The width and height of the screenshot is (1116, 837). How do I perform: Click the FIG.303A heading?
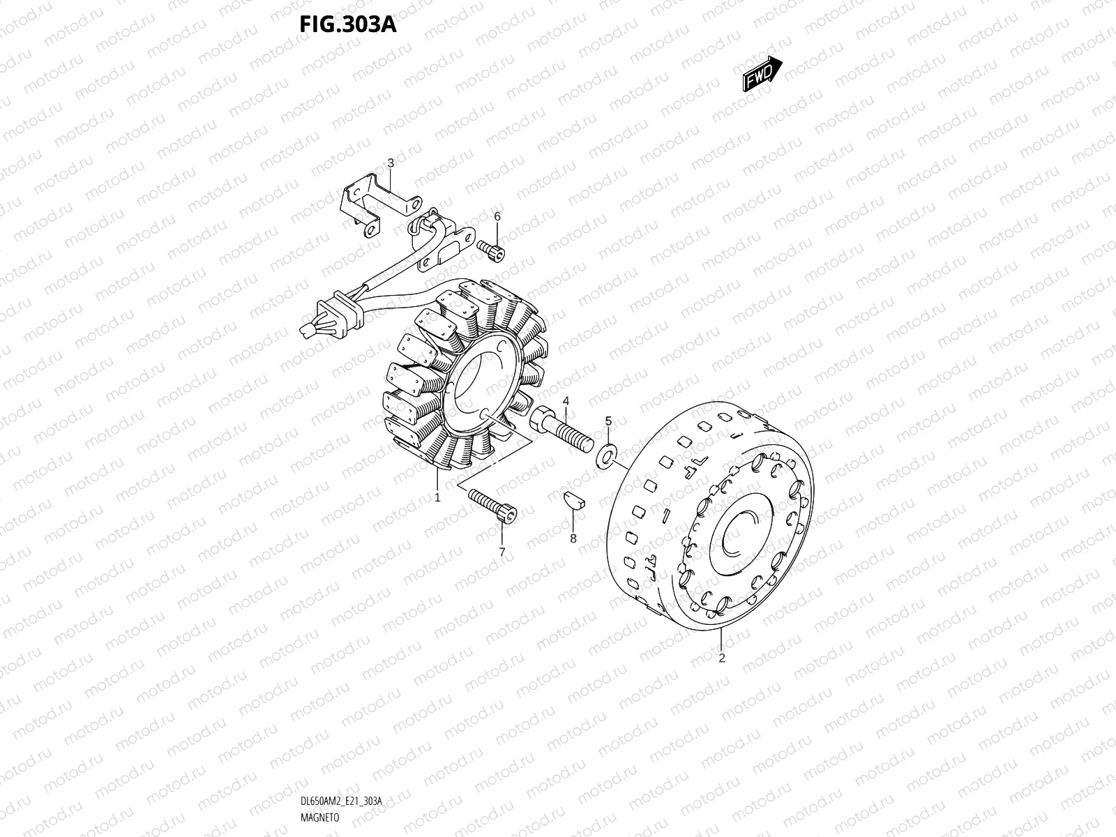click(348, 25)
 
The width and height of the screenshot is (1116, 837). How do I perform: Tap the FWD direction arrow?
click(762, 74)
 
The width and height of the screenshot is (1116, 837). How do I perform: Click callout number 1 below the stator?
click(437, 498)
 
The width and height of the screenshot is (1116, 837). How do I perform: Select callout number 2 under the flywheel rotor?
click(722, 658)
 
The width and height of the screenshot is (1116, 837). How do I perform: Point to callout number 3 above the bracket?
click(391, 163)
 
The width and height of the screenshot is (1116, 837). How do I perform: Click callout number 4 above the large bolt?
click(566, 400)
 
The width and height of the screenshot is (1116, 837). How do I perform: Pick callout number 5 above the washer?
click(608, 421)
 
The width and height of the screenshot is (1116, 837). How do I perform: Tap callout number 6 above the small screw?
click(497, 217)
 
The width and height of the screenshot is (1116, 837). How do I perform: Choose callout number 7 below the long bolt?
click(502, 552)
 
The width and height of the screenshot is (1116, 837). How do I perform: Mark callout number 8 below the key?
click(573, 538)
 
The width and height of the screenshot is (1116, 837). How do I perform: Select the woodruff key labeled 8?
click(574, 500)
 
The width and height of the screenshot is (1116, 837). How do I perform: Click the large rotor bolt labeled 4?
click(562, 430)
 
